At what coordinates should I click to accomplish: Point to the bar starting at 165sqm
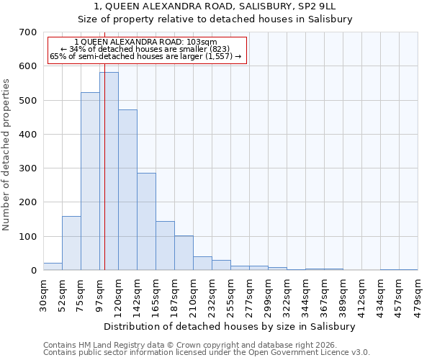(x=165, y=246)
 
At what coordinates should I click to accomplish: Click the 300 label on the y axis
(x=28, y=168)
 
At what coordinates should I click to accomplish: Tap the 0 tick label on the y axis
(x=33, y=271)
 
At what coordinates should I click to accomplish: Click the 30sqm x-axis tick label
(x=43, y=294)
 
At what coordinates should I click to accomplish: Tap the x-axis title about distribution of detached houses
(x=230, y=326)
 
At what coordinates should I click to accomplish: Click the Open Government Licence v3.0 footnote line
(x=206, y=353)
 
